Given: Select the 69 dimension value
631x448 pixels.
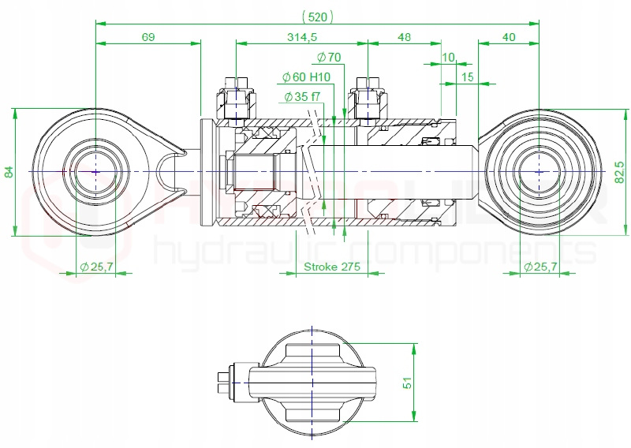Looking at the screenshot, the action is pyautogui.click(x=148, y=37).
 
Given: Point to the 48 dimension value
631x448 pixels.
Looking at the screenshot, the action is pyautogui.click(x=404, y=37).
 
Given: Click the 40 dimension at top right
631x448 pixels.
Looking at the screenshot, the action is pyautogui.click(x=508, y=37).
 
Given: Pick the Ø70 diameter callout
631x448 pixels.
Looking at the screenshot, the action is pyautogui.click(x=328, y=57).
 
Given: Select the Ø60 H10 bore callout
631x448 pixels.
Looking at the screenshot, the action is pyautogui.click(x=306, y=77).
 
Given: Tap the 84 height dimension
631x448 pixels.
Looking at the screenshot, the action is pyautogui.click(x=9, y=171).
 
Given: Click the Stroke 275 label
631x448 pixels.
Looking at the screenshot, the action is pyautogui.click(x=331, y=267).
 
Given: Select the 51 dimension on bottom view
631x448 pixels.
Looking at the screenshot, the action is pyautogui.click(x=408, y=383).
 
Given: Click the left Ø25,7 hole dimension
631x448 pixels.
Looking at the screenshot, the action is pyautogui.click(x=96, y=267).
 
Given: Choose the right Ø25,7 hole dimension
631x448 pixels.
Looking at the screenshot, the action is pyautogui.click(x=540, y=267).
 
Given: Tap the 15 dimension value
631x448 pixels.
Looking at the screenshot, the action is pyautogui.click(x=467, y=77).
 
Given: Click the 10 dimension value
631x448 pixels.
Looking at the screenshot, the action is pyautogui.click(x=448, y=58).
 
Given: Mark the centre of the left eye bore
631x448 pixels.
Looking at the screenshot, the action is pyautogui.click(x=95, y=171).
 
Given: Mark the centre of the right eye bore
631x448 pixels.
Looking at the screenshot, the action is pyautogui.click(x=539, y=171).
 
